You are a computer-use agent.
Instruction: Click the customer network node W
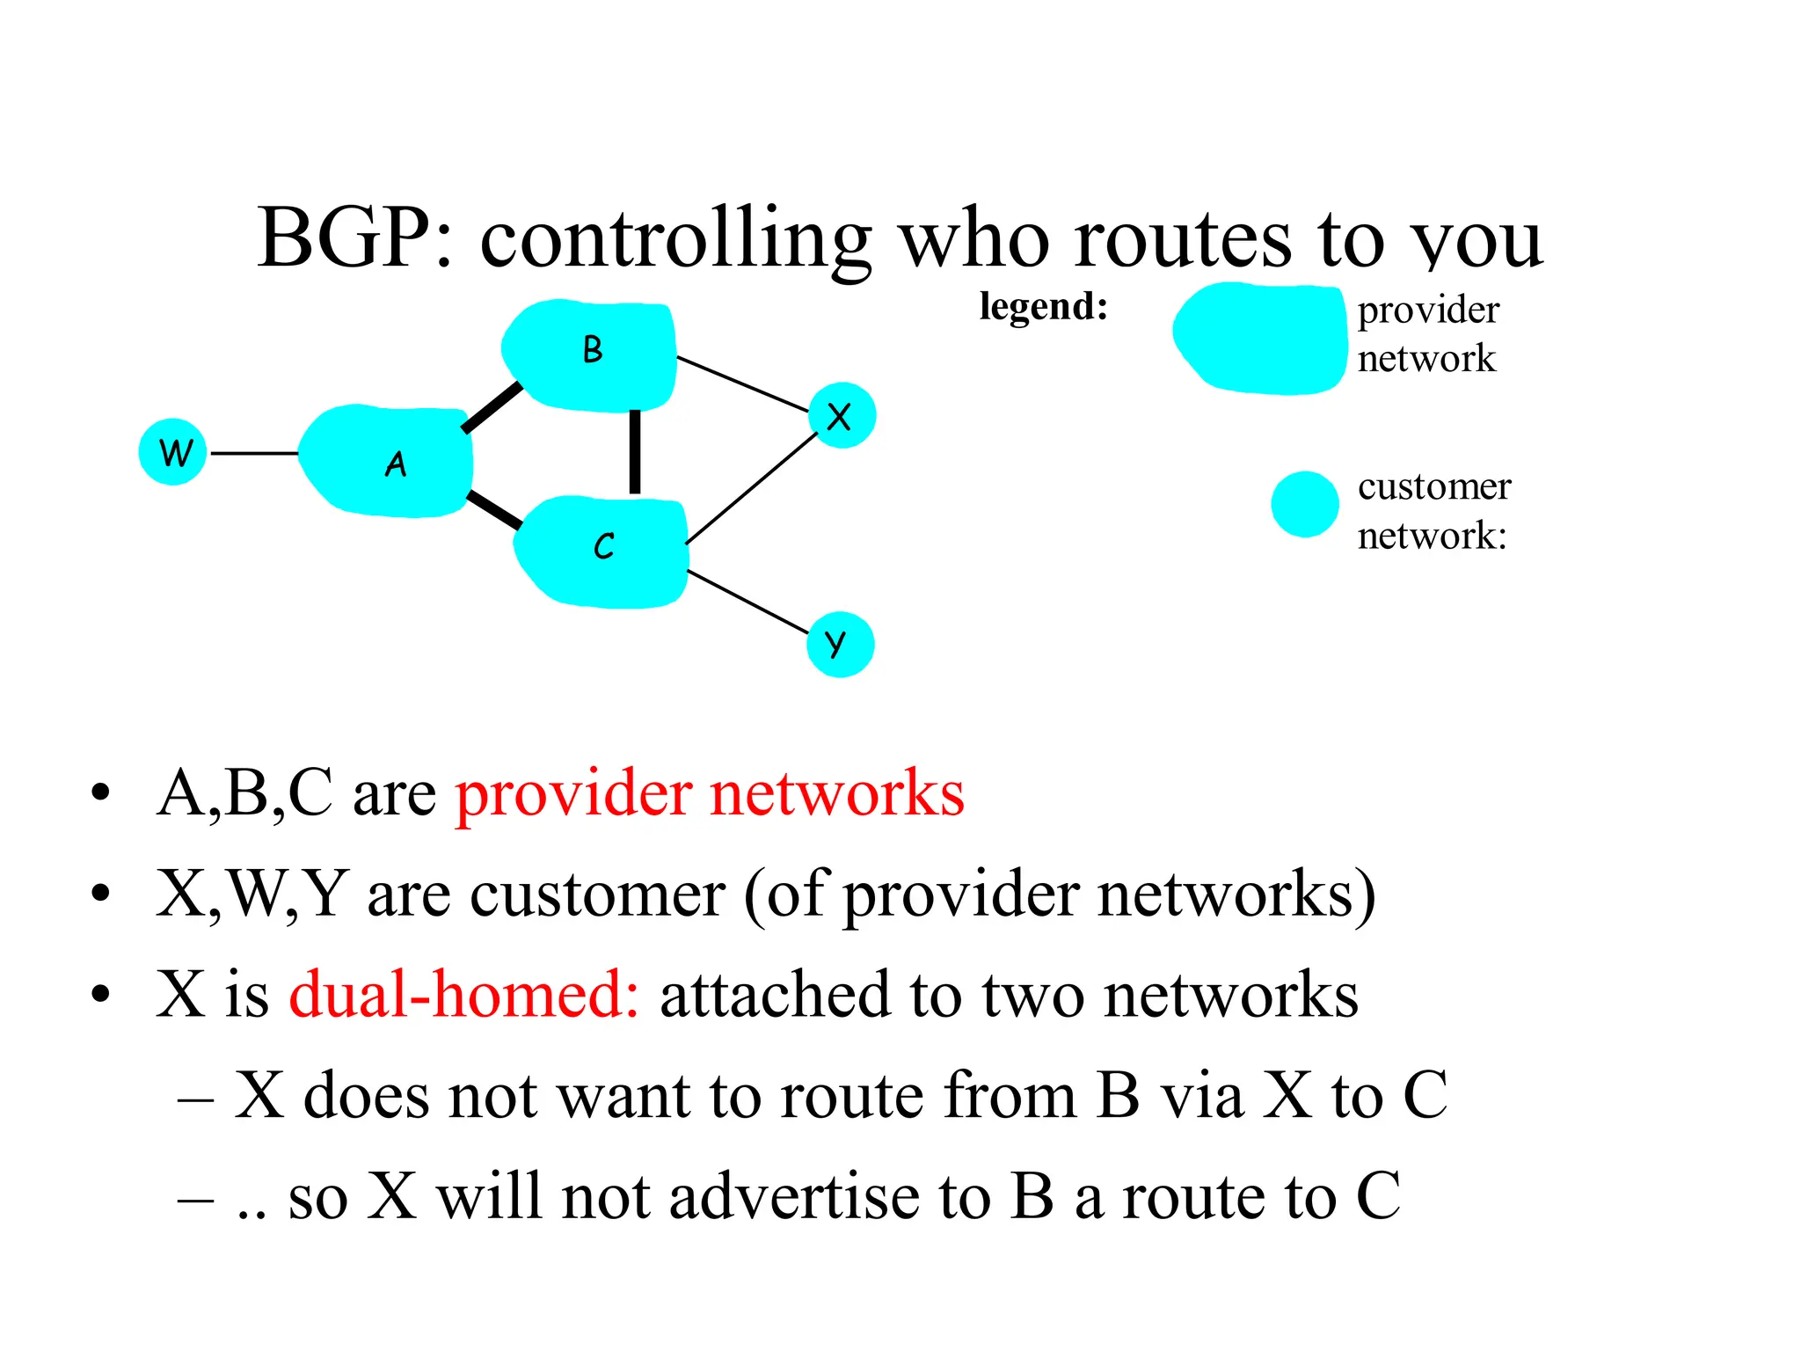point(172,452)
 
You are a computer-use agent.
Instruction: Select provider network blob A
point(387,461)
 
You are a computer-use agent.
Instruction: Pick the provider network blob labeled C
point(602,551)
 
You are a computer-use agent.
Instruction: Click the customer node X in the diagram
point(842,415)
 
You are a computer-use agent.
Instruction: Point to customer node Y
point(840,645)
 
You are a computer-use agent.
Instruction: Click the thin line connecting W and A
point(254,454)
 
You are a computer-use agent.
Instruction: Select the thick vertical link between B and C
point(635,452)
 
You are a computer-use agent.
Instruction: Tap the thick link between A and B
point(492,407)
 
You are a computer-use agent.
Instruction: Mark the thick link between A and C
point(494,510)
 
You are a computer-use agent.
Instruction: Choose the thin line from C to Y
point(747,602)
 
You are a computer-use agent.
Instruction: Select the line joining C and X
point(752,487)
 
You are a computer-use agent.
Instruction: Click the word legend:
point(1043,307)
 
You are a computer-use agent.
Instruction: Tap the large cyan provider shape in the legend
point(1259,339)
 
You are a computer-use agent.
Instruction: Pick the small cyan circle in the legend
point(1304,504)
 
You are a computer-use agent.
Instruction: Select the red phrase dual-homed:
point(464,995)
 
